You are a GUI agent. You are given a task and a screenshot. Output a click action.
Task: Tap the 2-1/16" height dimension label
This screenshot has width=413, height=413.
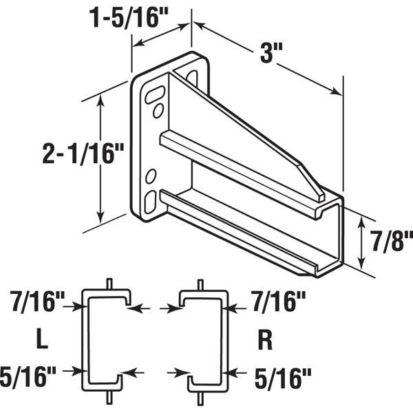tap(48, 152)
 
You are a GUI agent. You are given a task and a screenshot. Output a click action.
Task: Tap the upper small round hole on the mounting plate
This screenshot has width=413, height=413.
tap(158, 111)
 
